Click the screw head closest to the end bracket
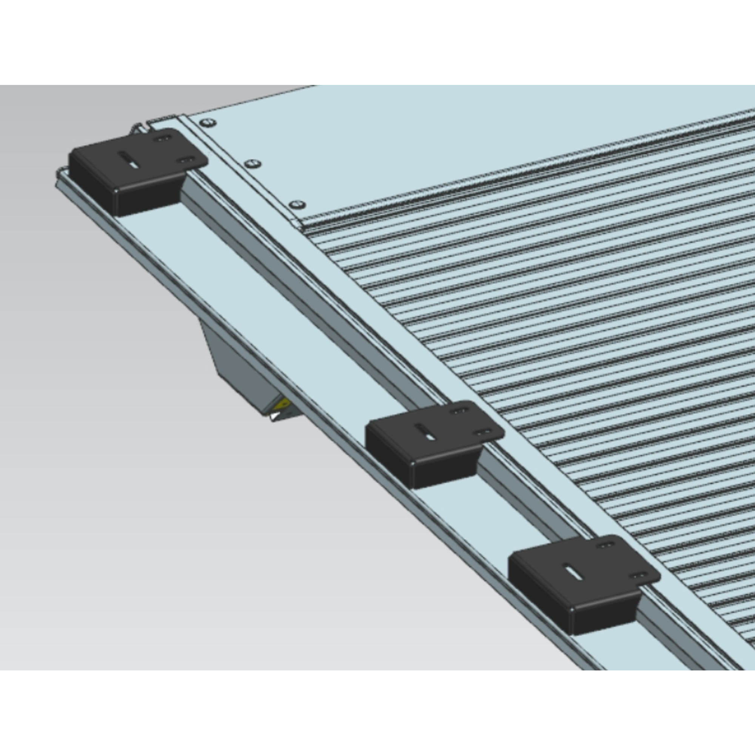pyautogui.click(x=208, y=123)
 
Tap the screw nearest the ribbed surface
pyautogui.click(x=297, y=204)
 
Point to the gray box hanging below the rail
pyautogui.click(x=238, y=364)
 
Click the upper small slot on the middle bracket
pyautogui.click(x=459, y=411)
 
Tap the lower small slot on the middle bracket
pyautogui.click(x=484, y=432)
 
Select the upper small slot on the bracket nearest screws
pyautogui.click(x=162, y=138)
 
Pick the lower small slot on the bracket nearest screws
pyautogui.click(x=186, y=160)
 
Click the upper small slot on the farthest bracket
pyautogui.click(x=607, y=545)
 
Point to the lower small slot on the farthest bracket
pyautogui.click(x=640, y=576)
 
